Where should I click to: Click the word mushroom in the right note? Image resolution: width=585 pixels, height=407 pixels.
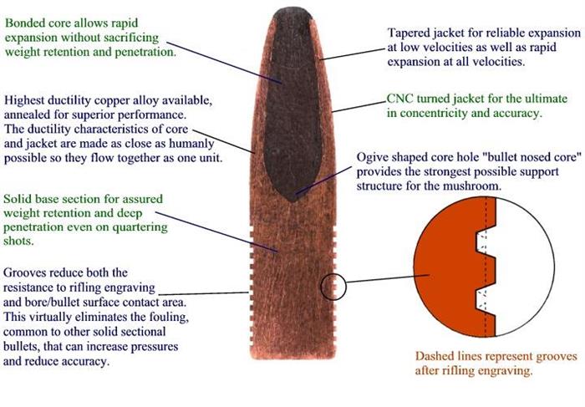click(x=476, y=186)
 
